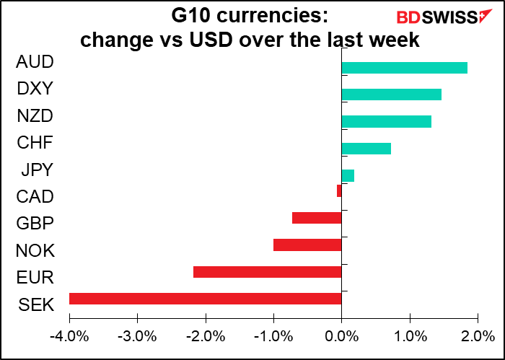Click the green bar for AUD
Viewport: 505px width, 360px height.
[x=404, y=68]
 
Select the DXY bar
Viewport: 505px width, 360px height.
[x=391, y=95]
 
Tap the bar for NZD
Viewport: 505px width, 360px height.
[x=386, y=121]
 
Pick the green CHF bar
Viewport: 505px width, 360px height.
[x=366, y=149]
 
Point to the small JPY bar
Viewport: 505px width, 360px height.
[x=348, y=175]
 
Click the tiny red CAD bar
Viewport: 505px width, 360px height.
[x=339, y=191]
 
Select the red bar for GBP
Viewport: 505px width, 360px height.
[x=317, y=218]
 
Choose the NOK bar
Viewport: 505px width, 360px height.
[x=307, y=245]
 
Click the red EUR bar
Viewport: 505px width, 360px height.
[x=267, y=272]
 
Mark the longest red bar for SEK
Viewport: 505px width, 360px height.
[x=205, y=299]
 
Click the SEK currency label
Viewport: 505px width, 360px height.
[x=35, y=304]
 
